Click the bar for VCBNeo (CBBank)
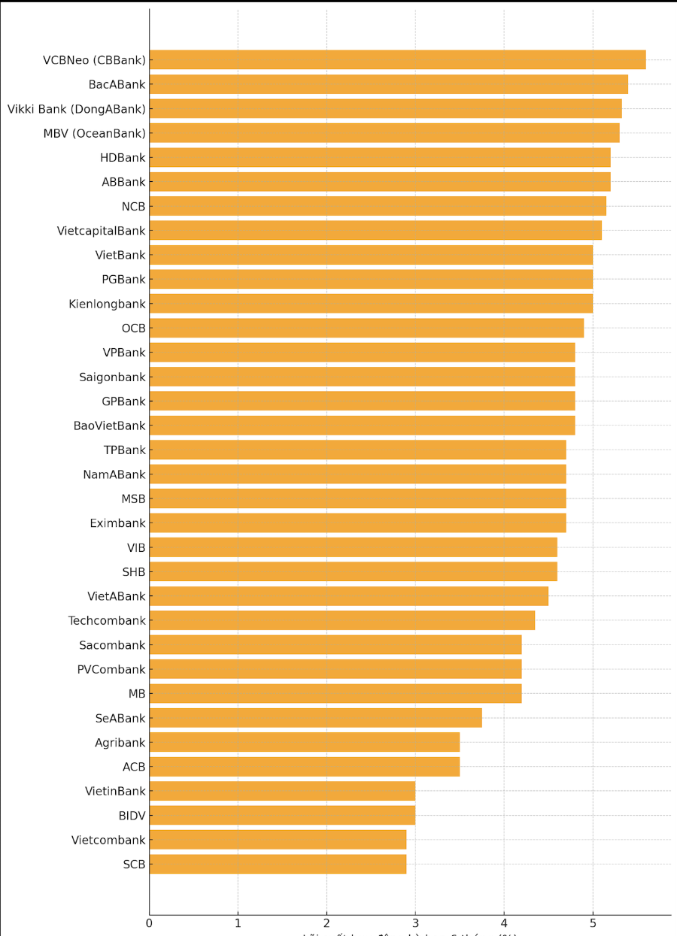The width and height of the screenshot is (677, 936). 397,60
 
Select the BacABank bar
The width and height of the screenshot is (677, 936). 388,84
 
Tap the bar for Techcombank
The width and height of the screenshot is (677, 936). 342,620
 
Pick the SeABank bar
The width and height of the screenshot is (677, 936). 315,718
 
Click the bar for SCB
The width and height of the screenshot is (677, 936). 278,865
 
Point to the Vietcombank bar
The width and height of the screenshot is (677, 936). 278,840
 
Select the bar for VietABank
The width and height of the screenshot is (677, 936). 348,596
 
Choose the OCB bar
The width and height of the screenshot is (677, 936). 366,328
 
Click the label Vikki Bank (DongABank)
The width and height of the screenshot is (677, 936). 76,109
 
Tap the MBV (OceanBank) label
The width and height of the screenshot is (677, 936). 94,133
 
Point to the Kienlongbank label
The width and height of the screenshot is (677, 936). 107,304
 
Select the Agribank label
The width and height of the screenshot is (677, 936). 120,743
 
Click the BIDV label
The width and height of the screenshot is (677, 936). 132,816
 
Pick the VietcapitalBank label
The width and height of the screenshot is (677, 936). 101,231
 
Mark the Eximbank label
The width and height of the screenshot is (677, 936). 117,523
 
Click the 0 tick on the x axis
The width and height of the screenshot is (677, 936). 150,922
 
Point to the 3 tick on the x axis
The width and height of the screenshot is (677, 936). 415,922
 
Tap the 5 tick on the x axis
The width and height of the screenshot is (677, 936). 593,922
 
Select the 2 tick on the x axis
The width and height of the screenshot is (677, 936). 326,922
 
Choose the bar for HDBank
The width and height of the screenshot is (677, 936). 380,157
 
